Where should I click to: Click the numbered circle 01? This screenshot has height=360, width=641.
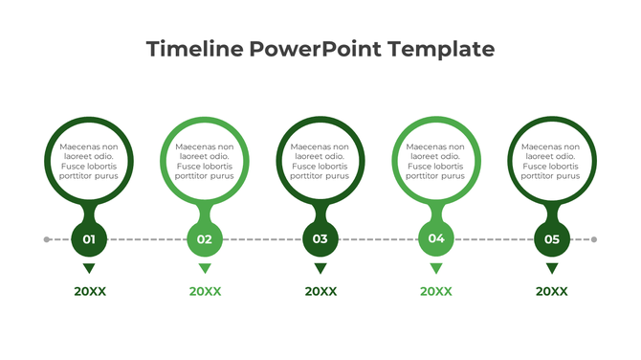[89, 239]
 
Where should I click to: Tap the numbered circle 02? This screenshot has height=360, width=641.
[205, 239]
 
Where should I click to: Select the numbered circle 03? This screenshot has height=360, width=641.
[320, 239]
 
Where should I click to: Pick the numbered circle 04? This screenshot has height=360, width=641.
[436, 239]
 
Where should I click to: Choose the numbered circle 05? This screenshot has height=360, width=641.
[552, 239]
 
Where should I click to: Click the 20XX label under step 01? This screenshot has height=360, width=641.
[90, 292]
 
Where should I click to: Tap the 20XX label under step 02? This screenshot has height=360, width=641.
[205, 292]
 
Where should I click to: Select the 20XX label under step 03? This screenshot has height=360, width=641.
[320, 292]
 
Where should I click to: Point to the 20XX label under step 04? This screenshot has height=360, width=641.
[436, 292]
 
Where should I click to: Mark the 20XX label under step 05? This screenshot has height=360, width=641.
[552, 292]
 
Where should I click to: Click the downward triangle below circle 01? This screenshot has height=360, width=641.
[89, 268]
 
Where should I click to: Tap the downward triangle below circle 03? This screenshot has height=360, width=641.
[320, 268]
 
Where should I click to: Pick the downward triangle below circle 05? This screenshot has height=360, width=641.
[552, 268]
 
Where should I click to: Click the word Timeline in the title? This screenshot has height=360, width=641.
[194, 49]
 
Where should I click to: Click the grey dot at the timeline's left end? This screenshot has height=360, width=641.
[47, 239]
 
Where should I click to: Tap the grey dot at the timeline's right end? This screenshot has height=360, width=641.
[594, 239]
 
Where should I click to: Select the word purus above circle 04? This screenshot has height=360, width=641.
[453, 176]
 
